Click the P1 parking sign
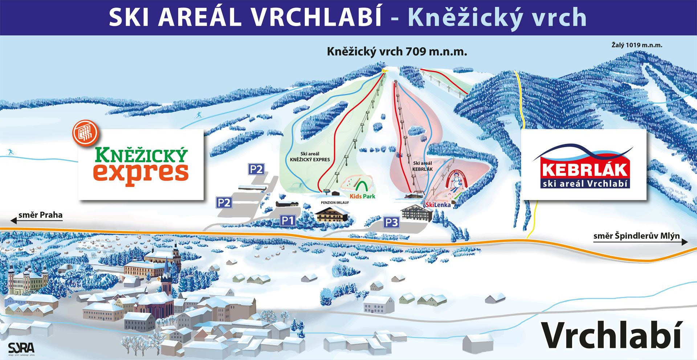click(x=287, y=221)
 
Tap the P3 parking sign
click(x=391, y=222)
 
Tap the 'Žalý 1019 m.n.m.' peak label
click(x=637, y=45)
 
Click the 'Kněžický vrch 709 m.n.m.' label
click(x=397, y=52)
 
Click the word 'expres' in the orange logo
click(x=141, y=172)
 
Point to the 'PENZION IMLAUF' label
click(x=335, y=203)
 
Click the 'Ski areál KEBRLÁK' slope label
click(x=423, y=166)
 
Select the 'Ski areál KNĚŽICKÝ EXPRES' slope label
click(x=310, y=157)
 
